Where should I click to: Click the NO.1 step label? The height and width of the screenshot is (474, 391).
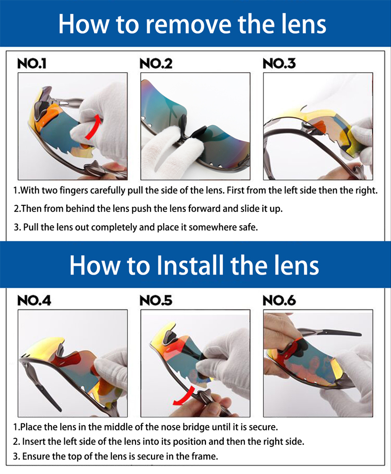(x=32, y=63)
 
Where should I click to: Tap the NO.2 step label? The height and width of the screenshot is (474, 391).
(x=156, y=63)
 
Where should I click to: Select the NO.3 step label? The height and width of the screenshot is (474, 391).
(x=279, y=63)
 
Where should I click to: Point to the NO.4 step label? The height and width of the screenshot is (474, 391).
(x=34, y=300)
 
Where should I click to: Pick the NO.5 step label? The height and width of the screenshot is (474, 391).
(x=156, y=300)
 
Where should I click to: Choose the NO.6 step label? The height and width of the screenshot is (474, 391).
(x=279, y=300)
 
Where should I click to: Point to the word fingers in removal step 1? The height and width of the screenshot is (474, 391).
(x=73, y=190)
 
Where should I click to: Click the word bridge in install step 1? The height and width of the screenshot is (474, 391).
(x=195, y=427)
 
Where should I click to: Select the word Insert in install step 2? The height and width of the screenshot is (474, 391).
(x=32, y=441)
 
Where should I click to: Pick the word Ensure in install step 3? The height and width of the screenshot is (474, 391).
(x=34, y=456)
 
